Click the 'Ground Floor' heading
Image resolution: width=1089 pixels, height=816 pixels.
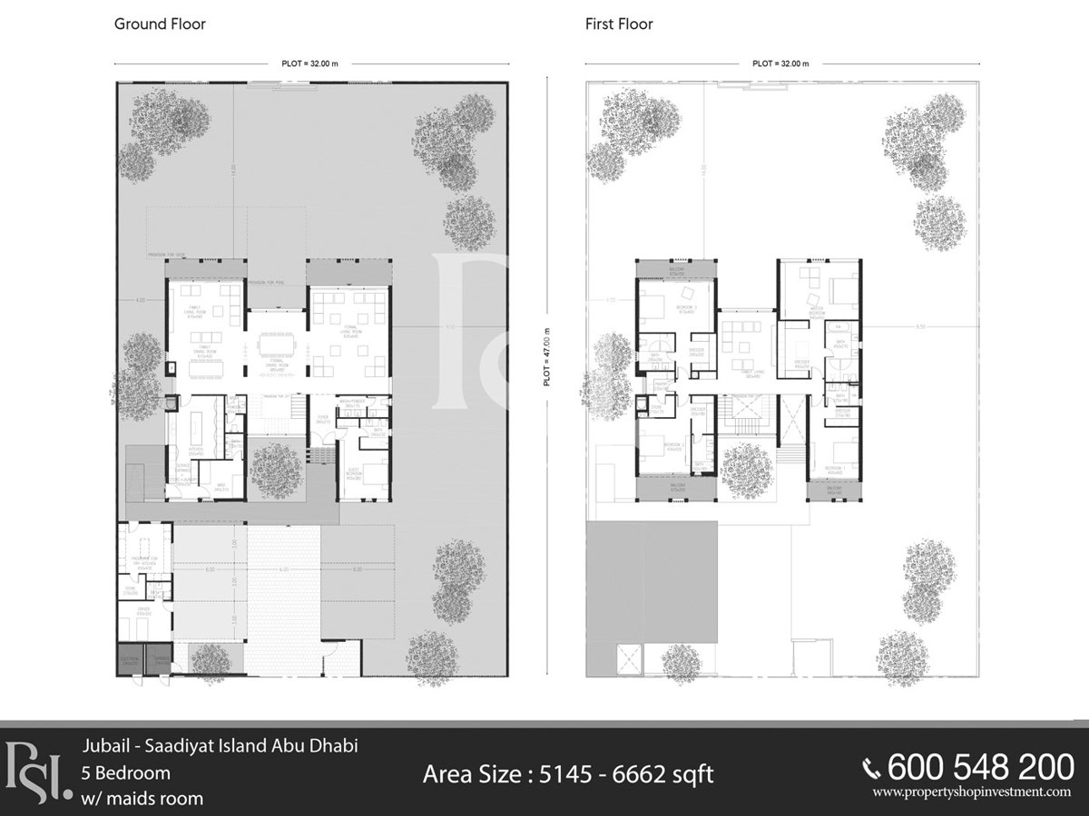(160, 24)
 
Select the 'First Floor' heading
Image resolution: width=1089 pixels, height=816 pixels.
(619, 24)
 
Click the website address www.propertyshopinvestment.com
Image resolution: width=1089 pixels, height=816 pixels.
(972, 792)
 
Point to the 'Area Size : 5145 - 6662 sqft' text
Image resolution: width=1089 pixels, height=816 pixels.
(568, 774)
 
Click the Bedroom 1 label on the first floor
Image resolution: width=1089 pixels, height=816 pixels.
(834, 470)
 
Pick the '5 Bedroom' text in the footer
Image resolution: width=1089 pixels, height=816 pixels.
(125, 773)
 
